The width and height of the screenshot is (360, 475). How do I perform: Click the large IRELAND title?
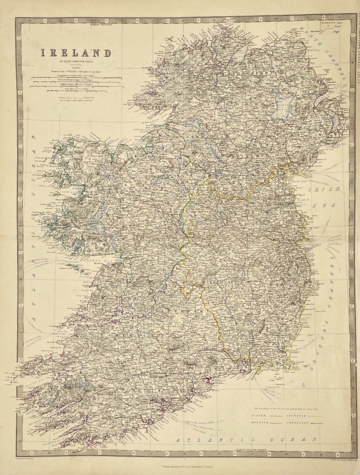pos(76,53)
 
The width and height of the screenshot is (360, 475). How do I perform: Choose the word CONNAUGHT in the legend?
pos(297,422)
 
